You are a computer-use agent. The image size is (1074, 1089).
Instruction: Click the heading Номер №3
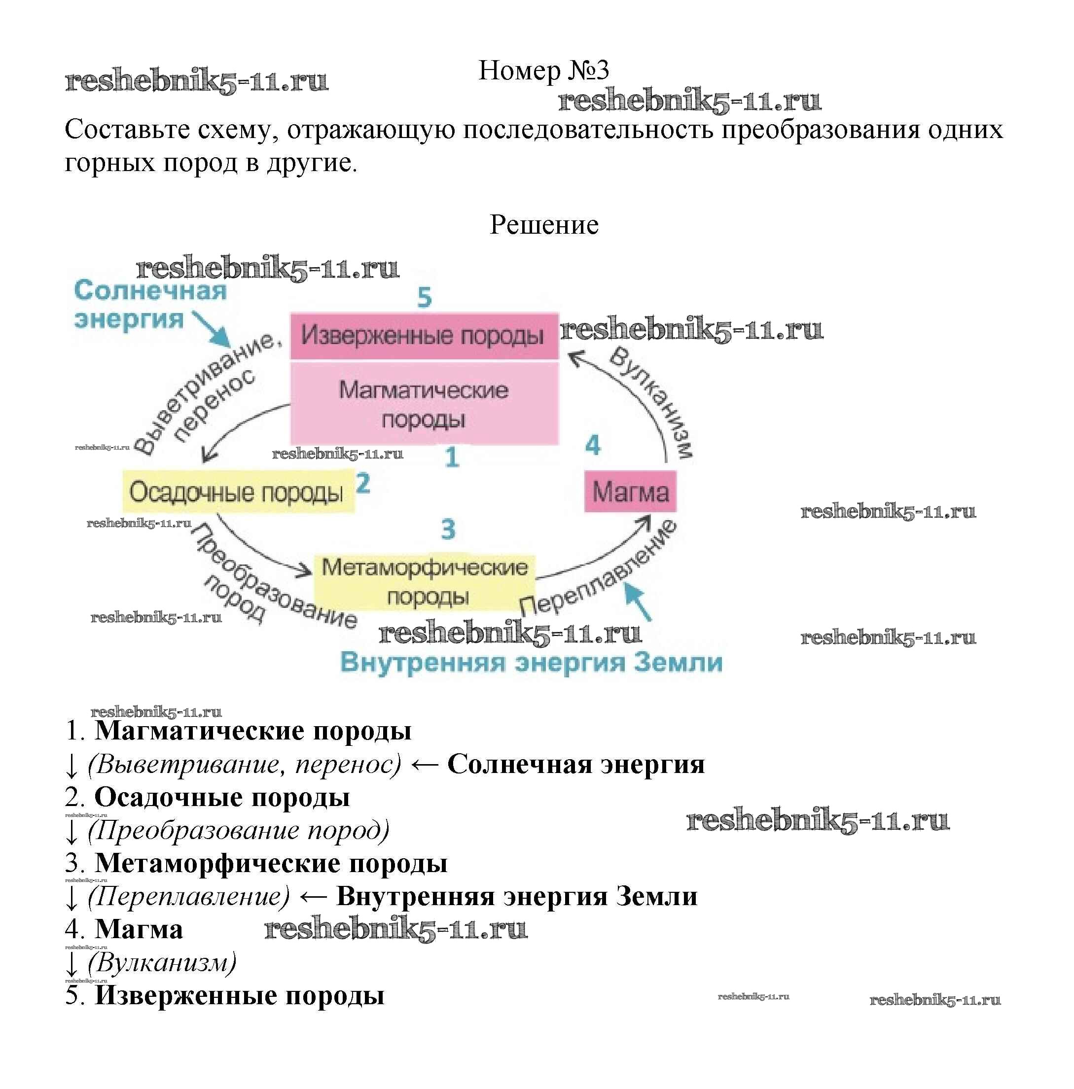pyautogui.click(x=543, y=71)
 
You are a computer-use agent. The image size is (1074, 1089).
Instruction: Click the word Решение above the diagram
pyautogui.click(x=543, y=225)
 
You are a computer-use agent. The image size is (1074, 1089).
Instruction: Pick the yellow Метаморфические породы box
pyautogui.click(x=424, y=581)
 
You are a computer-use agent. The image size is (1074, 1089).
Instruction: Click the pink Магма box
pyautogui.click(x=630, y=492)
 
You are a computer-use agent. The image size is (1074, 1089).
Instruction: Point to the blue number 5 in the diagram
pyautogui.click(x=424, y=298)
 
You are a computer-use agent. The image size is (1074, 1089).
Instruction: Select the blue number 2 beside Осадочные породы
pyautogui.click(x=363, y=484)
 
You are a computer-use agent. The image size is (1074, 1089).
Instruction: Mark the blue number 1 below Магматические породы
pyautogui.click(x=452, y=457)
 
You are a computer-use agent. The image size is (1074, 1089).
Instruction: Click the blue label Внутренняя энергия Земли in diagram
pyautogui.click(x=531, y=662)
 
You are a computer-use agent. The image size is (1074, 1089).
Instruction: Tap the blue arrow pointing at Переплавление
pyautogui.click(x=638, y=601)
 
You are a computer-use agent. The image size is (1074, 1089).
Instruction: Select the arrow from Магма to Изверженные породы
pyautogui.click(x=632, y=394)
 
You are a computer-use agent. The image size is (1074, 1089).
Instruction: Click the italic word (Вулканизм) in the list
pyautogui.click(x=162, y=962)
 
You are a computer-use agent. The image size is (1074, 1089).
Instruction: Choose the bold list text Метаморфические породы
pyautogui.click(x=271, y=864)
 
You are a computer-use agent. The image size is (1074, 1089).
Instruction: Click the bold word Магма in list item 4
pyautogui.click(x=139, y=929)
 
